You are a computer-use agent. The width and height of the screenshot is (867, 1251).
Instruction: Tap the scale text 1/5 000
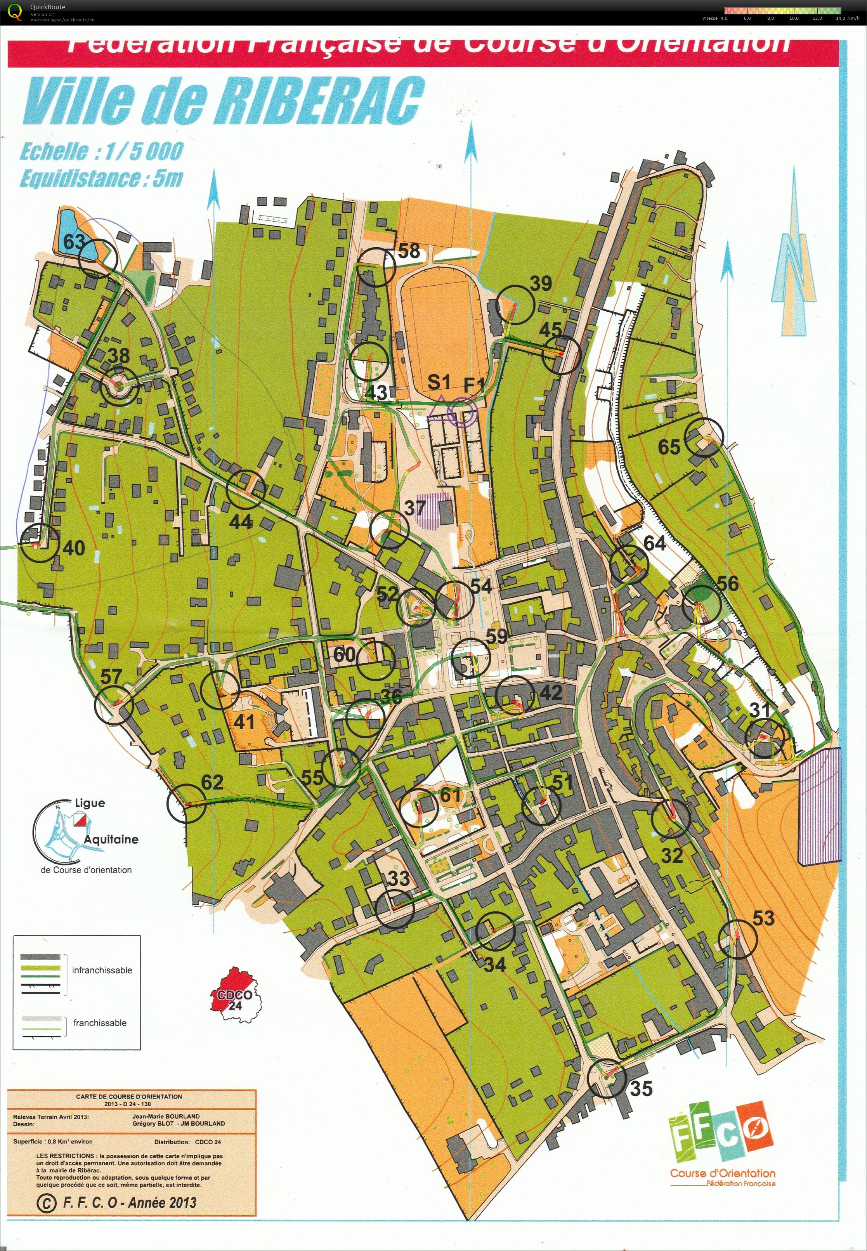144,151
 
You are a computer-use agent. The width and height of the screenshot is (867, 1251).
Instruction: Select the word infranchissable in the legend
102,970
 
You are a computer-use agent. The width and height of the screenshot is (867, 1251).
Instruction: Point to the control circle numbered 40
39,543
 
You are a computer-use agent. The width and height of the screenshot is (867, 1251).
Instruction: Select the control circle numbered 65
704,438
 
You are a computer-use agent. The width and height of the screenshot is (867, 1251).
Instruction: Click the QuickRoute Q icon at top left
16,11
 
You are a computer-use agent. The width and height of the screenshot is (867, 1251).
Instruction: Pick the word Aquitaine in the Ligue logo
111,839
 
